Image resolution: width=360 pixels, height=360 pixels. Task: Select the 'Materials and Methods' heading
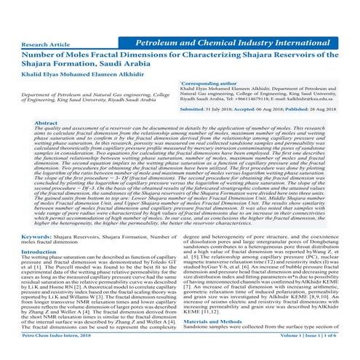[215, 340]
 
